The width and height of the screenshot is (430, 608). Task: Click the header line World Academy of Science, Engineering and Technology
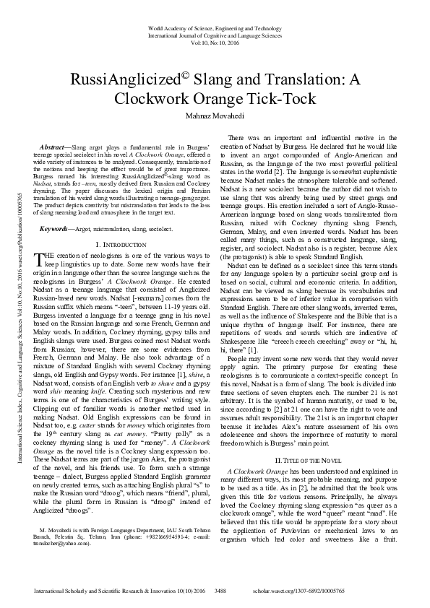pyautogui.click(x=215, y=25)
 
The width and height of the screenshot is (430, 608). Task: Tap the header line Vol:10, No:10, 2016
pyautogui.click(x=215, y=42)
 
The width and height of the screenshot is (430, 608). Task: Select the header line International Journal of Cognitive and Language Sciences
pyautogui.click(x=215, y=34)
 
